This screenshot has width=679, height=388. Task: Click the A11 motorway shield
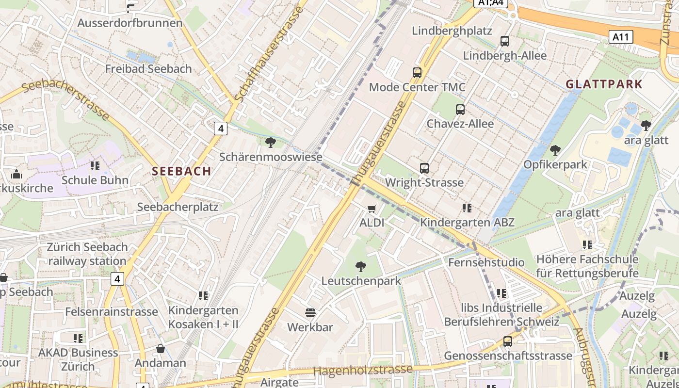point(621,36)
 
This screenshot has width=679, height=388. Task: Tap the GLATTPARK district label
point(604,84)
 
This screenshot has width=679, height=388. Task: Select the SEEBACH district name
point(181,171)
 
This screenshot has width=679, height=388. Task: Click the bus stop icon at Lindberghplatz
point(505,41)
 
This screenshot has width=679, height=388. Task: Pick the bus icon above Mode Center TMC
point(417,73)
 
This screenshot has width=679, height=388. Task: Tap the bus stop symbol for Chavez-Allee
point(460,110)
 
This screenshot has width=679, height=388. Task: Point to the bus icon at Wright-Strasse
point(424,168)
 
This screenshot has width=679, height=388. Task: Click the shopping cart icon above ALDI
point(372,209)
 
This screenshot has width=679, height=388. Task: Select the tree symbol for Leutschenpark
point(360,266)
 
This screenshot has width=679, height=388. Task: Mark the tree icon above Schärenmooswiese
point(271,143)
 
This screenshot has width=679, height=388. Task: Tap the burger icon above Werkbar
point(310,313)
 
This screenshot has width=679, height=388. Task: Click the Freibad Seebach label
point(148,69)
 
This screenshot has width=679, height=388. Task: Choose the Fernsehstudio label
point(486,262)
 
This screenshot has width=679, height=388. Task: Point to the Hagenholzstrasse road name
point(363,370)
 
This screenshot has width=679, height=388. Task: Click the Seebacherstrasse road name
point(66,99)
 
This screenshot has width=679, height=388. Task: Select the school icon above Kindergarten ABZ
point(467,208)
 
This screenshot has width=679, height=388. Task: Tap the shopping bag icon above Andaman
point(160,349)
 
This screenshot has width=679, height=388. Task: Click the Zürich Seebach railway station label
point(87,254)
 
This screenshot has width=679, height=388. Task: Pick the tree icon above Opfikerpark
point(555,150)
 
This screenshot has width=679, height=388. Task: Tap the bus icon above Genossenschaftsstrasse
point(508,341)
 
